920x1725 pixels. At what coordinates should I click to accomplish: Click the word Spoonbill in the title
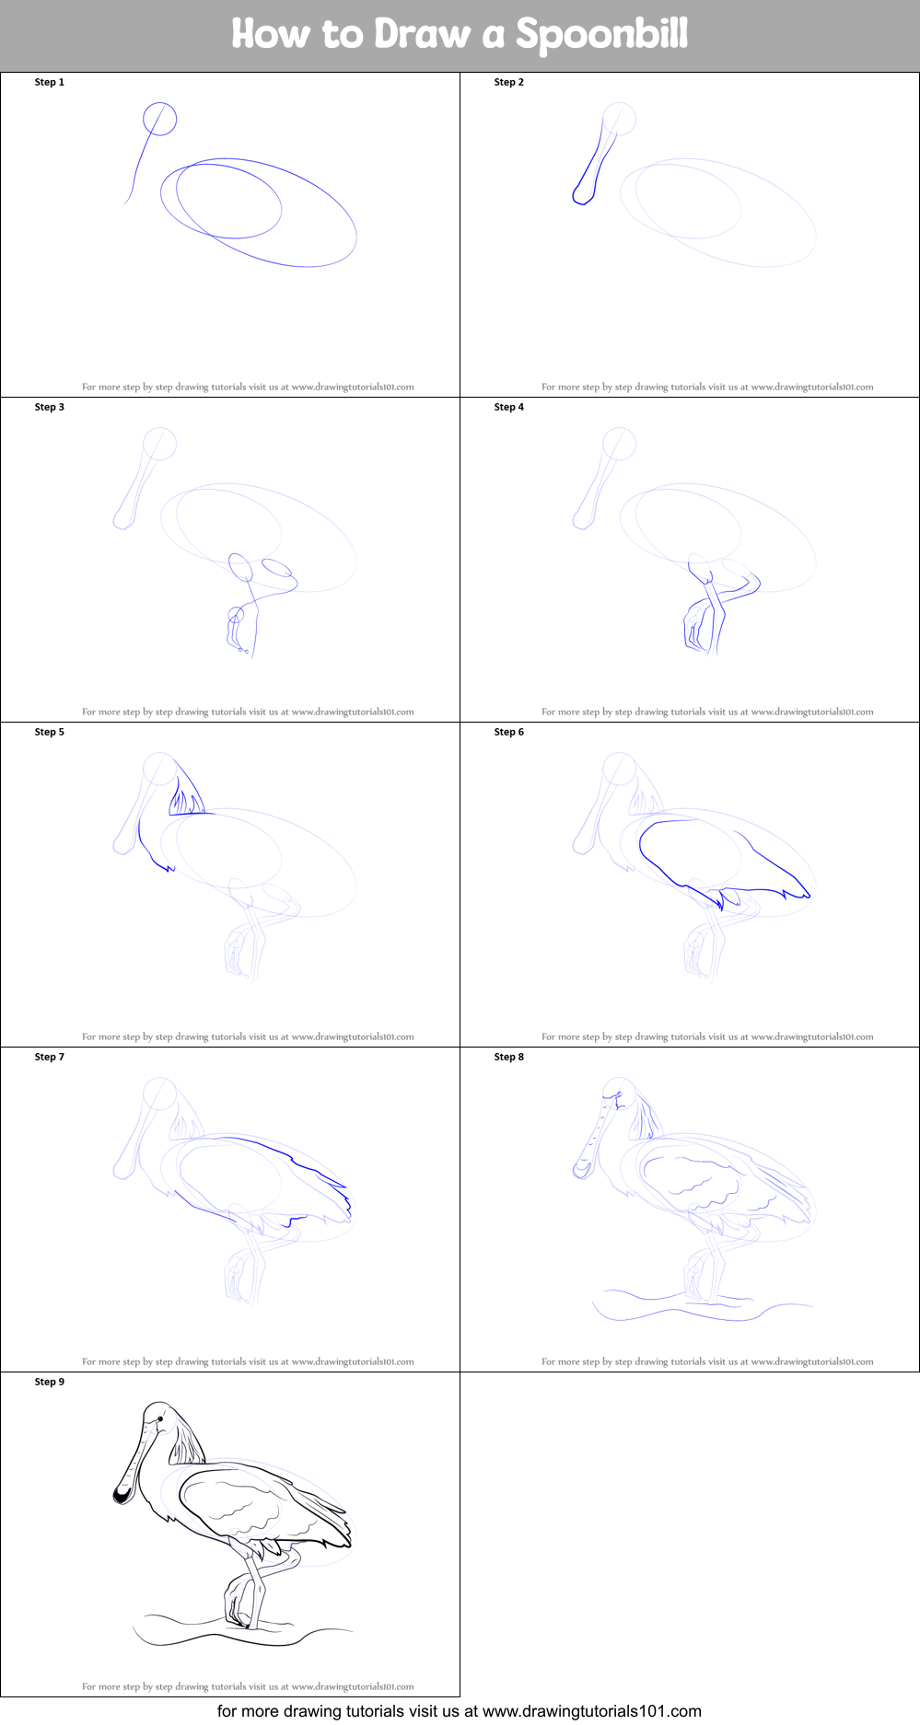600,35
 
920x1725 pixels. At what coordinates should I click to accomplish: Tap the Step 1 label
50,82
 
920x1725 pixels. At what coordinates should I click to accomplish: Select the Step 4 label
508,407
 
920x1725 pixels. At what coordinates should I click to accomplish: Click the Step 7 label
50,1057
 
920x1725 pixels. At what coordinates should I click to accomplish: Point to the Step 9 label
50,1382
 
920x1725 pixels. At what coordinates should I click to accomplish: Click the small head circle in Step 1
159,119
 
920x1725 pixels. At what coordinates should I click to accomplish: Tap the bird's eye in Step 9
160,1420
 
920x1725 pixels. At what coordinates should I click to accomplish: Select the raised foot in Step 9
237,1603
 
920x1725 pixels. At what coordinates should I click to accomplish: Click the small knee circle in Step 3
236,614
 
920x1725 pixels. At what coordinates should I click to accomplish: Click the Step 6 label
508,732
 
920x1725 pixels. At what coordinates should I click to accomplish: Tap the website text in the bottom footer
459,1711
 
